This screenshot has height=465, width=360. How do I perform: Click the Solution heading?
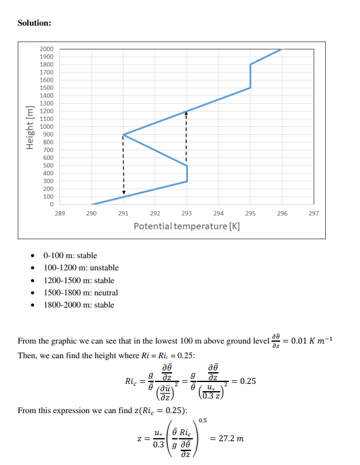[x=34, y=23]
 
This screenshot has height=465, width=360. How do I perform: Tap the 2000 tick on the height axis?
[x=46, y=49]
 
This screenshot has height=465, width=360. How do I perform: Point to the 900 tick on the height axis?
[x=48, y=134]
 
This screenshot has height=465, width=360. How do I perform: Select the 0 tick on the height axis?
[x=51, y=204]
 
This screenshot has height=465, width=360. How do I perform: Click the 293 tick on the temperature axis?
[x=187, y=214]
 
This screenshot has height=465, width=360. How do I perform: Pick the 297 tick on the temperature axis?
[x=314, y=214]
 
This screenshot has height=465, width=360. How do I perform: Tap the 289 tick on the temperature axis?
[x=60, y=214]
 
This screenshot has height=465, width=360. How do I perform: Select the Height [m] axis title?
[x=28, y=127]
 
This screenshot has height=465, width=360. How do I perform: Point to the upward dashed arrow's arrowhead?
[x=187, y=114]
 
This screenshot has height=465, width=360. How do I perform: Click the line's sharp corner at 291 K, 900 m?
[x=123, y=134]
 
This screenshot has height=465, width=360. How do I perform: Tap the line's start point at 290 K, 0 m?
[x=92, y=204]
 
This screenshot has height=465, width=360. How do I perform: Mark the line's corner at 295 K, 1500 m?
[x=250, y=88]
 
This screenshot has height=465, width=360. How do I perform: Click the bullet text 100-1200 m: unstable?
[x=81, y=268]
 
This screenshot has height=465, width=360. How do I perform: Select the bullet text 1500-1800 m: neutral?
[x=81, y=292]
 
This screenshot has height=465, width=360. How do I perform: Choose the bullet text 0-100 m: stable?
[x=70, y=256]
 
